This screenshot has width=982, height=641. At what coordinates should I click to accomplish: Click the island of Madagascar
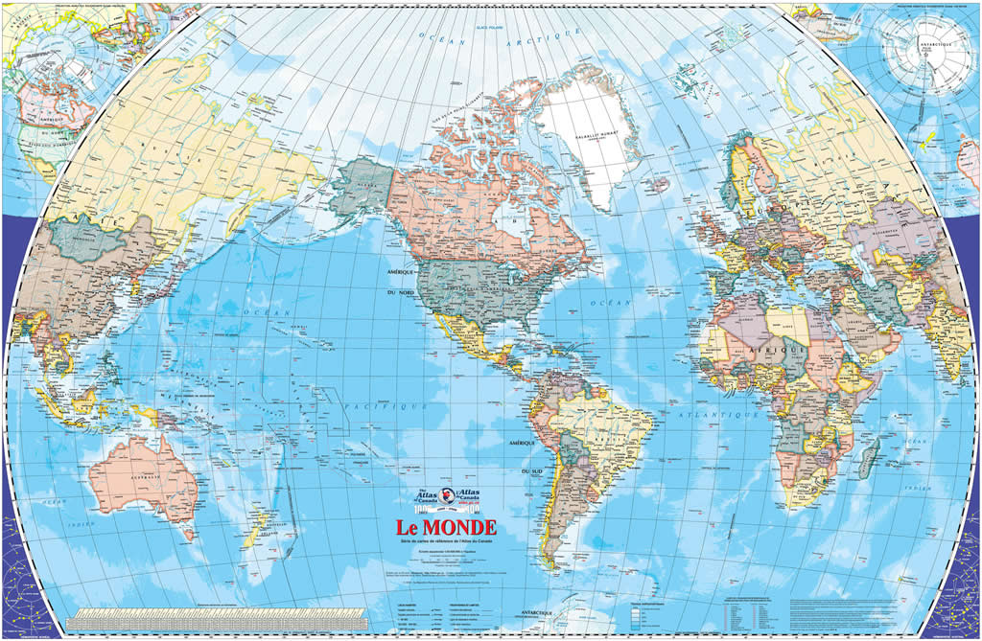869,456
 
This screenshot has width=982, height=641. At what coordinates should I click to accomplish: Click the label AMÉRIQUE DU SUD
526,458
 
